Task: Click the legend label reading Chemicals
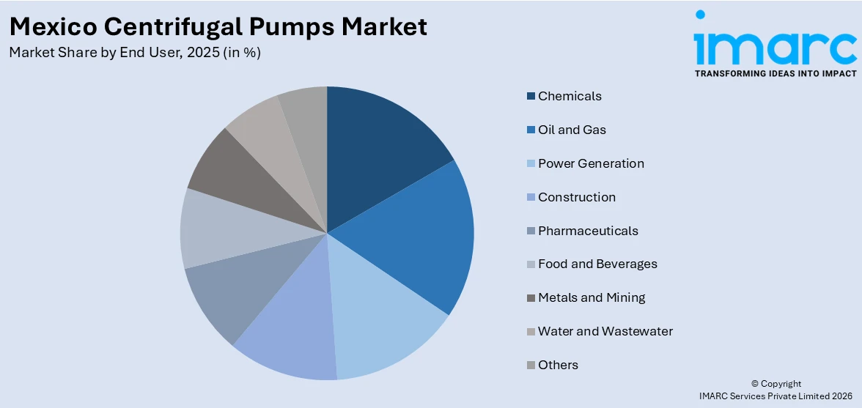click(570, 96)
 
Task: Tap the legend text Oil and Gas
click(572, 130)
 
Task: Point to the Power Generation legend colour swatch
click(530, 163)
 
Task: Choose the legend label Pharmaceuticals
click(588, 231)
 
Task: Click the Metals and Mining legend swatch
click(530, 297)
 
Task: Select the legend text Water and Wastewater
click(605, 331)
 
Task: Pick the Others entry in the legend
click(558, 365)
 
